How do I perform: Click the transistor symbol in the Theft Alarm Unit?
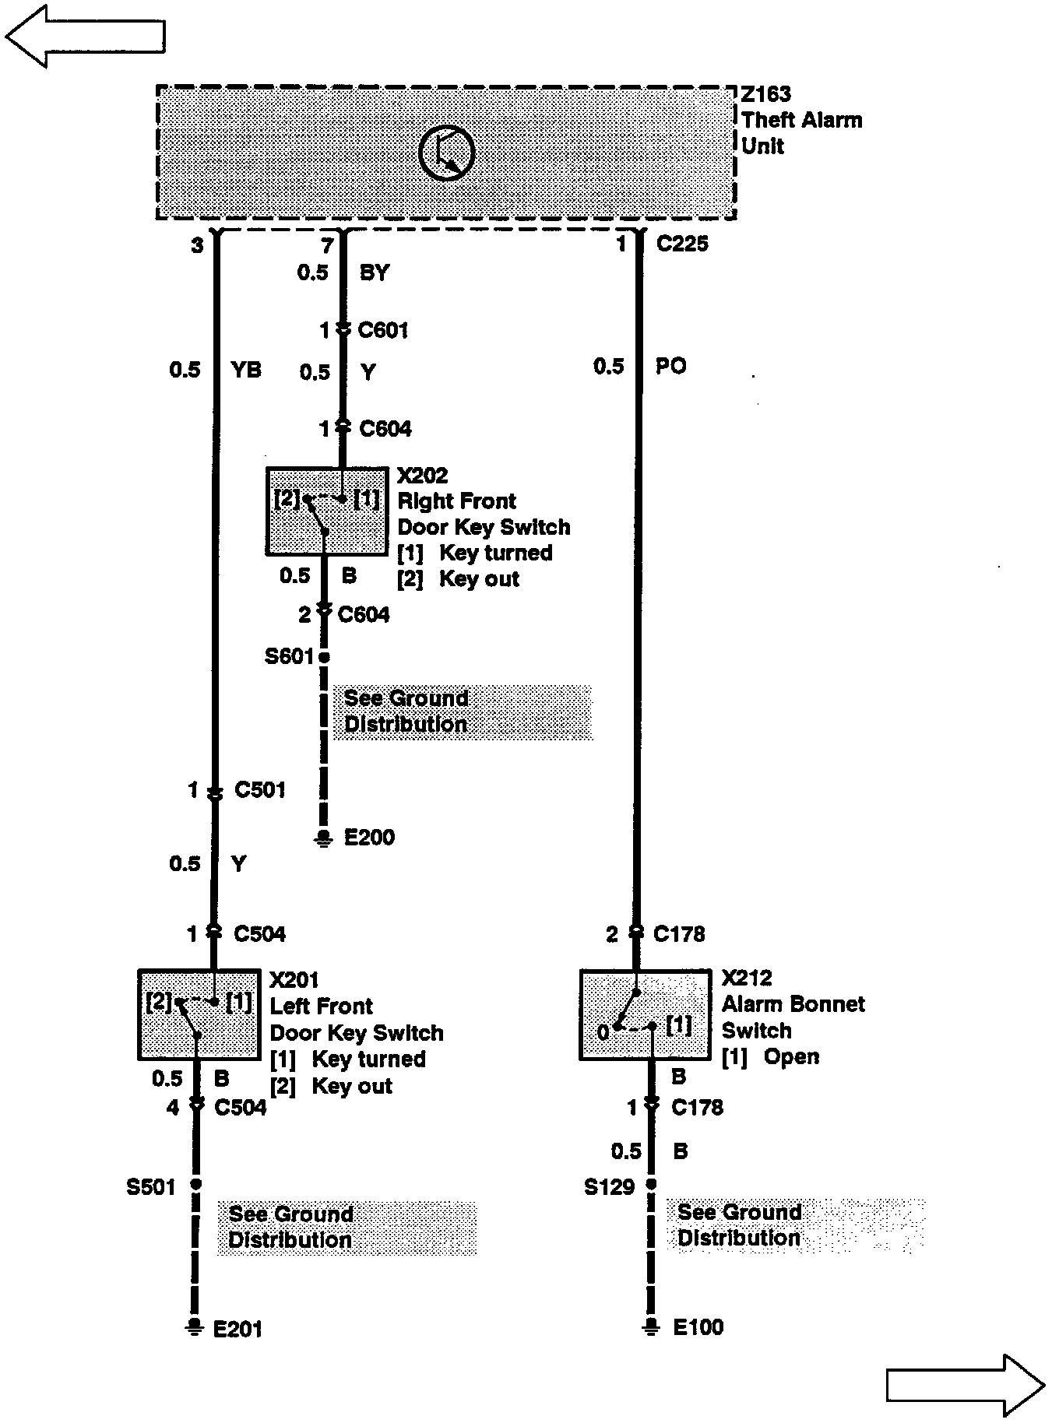(x=446, y=152)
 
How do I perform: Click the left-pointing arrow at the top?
(x=85, y=36)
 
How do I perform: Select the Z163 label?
(x=766, y=94)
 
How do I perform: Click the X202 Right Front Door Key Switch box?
(x=326, y=511)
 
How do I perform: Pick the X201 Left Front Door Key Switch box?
(x=199, y=1014)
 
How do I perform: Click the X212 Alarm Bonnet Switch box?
(x=646, y=1014)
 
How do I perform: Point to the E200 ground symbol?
(x=323, y=838)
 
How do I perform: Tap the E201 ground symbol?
(x=194, y=1328)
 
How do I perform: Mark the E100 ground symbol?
(x=651, y=1326)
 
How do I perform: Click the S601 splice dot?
(x=324, y=657)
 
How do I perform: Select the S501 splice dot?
(x=195, y=1184)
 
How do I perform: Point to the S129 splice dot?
(x=651, y=1184)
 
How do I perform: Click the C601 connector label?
(x=383, y=330)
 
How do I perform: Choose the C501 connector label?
(x=260, y=790)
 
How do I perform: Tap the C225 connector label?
(x=682, y=244)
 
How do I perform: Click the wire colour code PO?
(x=670, y=366)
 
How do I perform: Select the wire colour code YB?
(x=247, y=369)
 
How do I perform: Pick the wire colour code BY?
(x=375, y=272)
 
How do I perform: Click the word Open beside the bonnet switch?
(x=791, y=1056)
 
